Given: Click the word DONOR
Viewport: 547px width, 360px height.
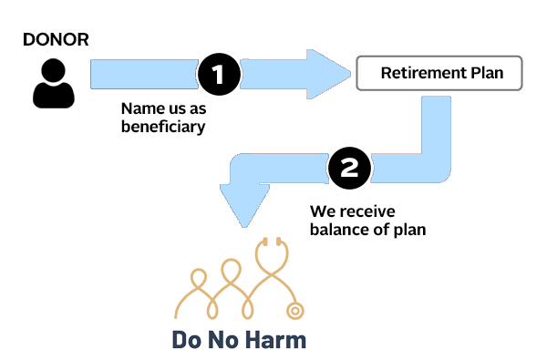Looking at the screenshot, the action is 56,39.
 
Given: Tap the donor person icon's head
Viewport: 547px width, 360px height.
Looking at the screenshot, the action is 54,70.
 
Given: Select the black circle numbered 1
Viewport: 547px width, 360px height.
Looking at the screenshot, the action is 219,74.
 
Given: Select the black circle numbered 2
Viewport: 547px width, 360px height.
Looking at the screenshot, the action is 349,168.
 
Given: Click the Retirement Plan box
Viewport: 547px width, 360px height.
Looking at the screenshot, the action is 439,73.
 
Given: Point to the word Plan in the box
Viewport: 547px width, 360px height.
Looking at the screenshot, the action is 487,73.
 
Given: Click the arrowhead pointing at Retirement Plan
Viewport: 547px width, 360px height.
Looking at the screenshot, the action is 328,74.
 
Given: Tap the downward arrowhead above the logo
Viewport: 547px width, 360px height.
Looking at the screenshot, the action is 244,206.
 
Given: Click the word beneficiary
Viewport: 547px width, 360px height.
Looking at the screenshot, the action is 163,127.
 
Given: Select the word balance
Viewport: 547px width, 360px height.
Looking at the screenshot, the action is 340,230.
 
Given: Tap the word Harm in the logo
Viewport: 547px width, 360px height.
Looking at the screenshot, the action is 277,340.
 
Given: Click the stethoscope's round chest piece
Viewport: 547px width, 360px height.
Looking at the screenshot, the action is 295,311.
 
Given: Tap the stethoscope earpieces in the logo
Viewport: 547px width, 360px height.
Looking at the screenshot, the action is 272,242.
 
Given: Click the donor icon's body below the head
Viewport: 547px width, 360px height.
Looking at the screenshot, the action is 54,95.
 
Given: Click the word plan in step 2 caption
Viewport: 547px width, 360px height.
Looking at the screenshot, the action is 410,231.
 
